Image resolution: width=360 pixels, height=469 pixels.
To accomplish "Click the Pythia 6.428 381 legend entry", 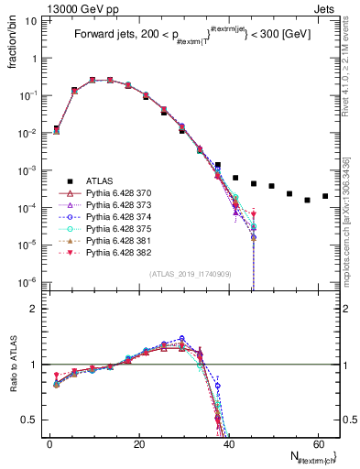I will pyautogui.click(x=116, y=250).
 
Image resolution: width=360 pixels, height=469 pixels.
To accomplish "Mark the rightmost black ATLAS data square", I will pyautogui.click(x=325, y=195).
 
